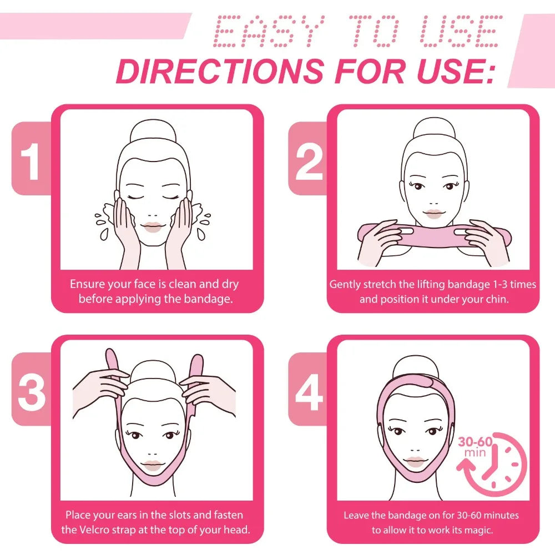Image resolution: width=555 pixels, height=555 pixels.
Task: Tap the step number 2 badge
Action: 309,159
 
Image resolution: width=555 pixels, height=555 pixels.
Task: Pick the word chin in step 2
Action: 497,299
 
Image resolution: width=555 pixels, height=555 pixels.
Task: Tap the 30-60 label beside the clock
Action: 476,441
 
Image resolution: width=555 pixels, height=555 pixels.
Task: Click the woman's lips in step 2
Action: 433,214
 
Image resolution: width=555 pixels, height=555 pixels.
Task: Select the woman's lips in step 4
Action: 415,461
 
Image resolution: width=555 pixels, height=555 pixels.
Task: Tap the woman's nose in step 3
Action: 153,453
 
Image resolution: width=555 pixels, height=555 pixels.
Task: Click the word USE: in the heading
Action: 456,71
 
